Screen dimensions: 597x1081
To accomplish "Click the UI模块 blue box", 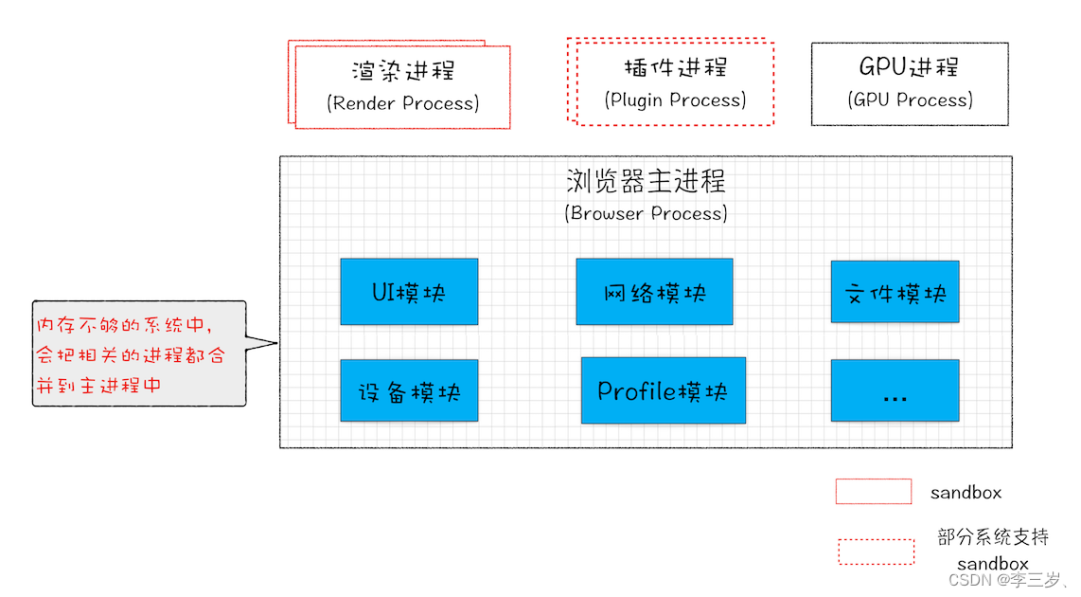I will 409,292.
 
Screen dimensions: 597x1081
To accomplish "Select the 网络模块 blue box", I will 654,292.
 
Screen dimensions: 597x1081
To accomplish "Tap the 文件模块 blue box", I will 895,292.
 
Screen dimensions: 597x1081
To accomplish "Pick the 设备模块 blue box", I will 409,390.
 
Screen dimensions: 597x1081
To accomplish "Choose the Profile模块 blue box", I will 663,390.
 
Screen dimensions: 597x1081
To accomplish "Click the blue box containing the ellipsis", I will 895,390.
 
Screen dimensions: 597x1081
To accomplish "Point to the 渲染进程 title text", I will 402,72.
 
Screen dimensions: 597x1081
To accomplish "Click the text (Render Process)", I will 402,103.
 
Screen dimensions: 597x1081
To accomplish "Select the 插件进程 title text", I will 675,68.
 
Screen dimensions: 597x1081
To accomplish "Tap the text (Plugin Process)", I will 675,99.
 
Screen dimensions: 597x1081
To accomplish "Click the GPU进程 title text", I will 909,68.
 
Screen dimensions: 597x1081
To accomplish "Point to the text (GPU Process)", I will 909,99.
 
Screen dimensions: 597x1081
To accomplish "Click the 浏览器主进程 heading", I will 646,181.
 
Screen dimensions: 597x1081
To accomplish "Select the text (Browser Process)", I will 646,213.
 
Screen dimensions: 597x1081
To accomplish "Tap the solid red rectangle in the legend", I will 873,491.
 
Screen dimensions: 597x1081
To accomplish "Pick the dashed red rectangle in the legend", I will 876,552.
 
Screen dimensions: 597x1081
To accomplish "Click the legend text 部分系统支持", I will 993,537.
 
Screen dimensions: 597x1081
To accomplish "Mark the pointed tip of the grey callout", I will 276,343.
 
